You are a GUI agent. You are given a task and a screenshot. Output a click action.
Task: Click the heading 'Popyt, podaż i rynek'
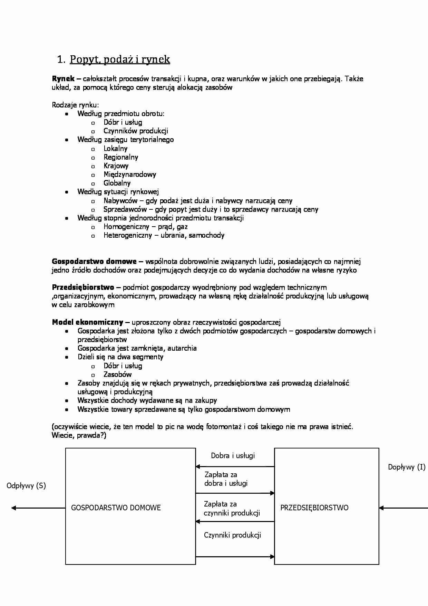coord(120,59)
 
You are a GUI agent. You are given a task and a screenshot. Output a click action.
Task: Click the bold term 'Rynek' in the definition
coord(63,79)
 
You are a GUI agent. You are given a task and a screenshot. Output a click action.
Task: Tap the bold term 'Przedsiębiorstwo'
coord(83,287)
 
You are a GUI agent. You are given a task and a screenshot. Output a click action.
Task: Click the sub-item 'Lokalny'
coord(115,149)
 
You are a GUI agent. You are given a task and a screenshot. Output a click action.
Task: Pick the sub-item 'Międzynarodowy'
coord(129,174)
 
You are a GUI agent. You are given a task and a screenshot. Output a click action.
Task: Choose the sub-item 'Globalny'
coord(117,183)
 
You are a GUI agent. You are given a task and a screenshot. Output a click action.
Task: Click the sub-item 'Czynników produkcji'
coord(136,131)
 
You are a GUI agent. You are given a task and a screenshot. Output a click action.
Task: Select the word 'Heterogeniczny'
coord(128,235)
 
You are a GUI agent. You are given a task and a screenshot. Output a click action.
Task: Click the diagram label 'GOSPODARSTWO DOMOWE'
coord(116,508)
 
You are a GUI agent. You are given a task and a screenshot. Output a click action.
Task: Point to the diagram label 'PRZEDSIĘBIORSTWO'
coord(314,508)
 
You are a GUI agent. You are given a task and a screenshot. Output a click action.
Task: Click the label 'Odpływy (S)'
coord(26,486)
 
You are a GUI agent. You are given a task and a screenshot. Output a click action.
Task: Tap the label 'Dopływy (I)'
coord(406,467)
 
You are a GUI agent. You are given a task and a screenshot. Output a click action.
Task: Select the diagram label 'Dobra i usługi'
coord(233,456)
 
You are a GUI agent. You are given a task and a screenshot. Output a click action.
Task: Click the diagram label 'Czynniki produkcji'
coord(232,535)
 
